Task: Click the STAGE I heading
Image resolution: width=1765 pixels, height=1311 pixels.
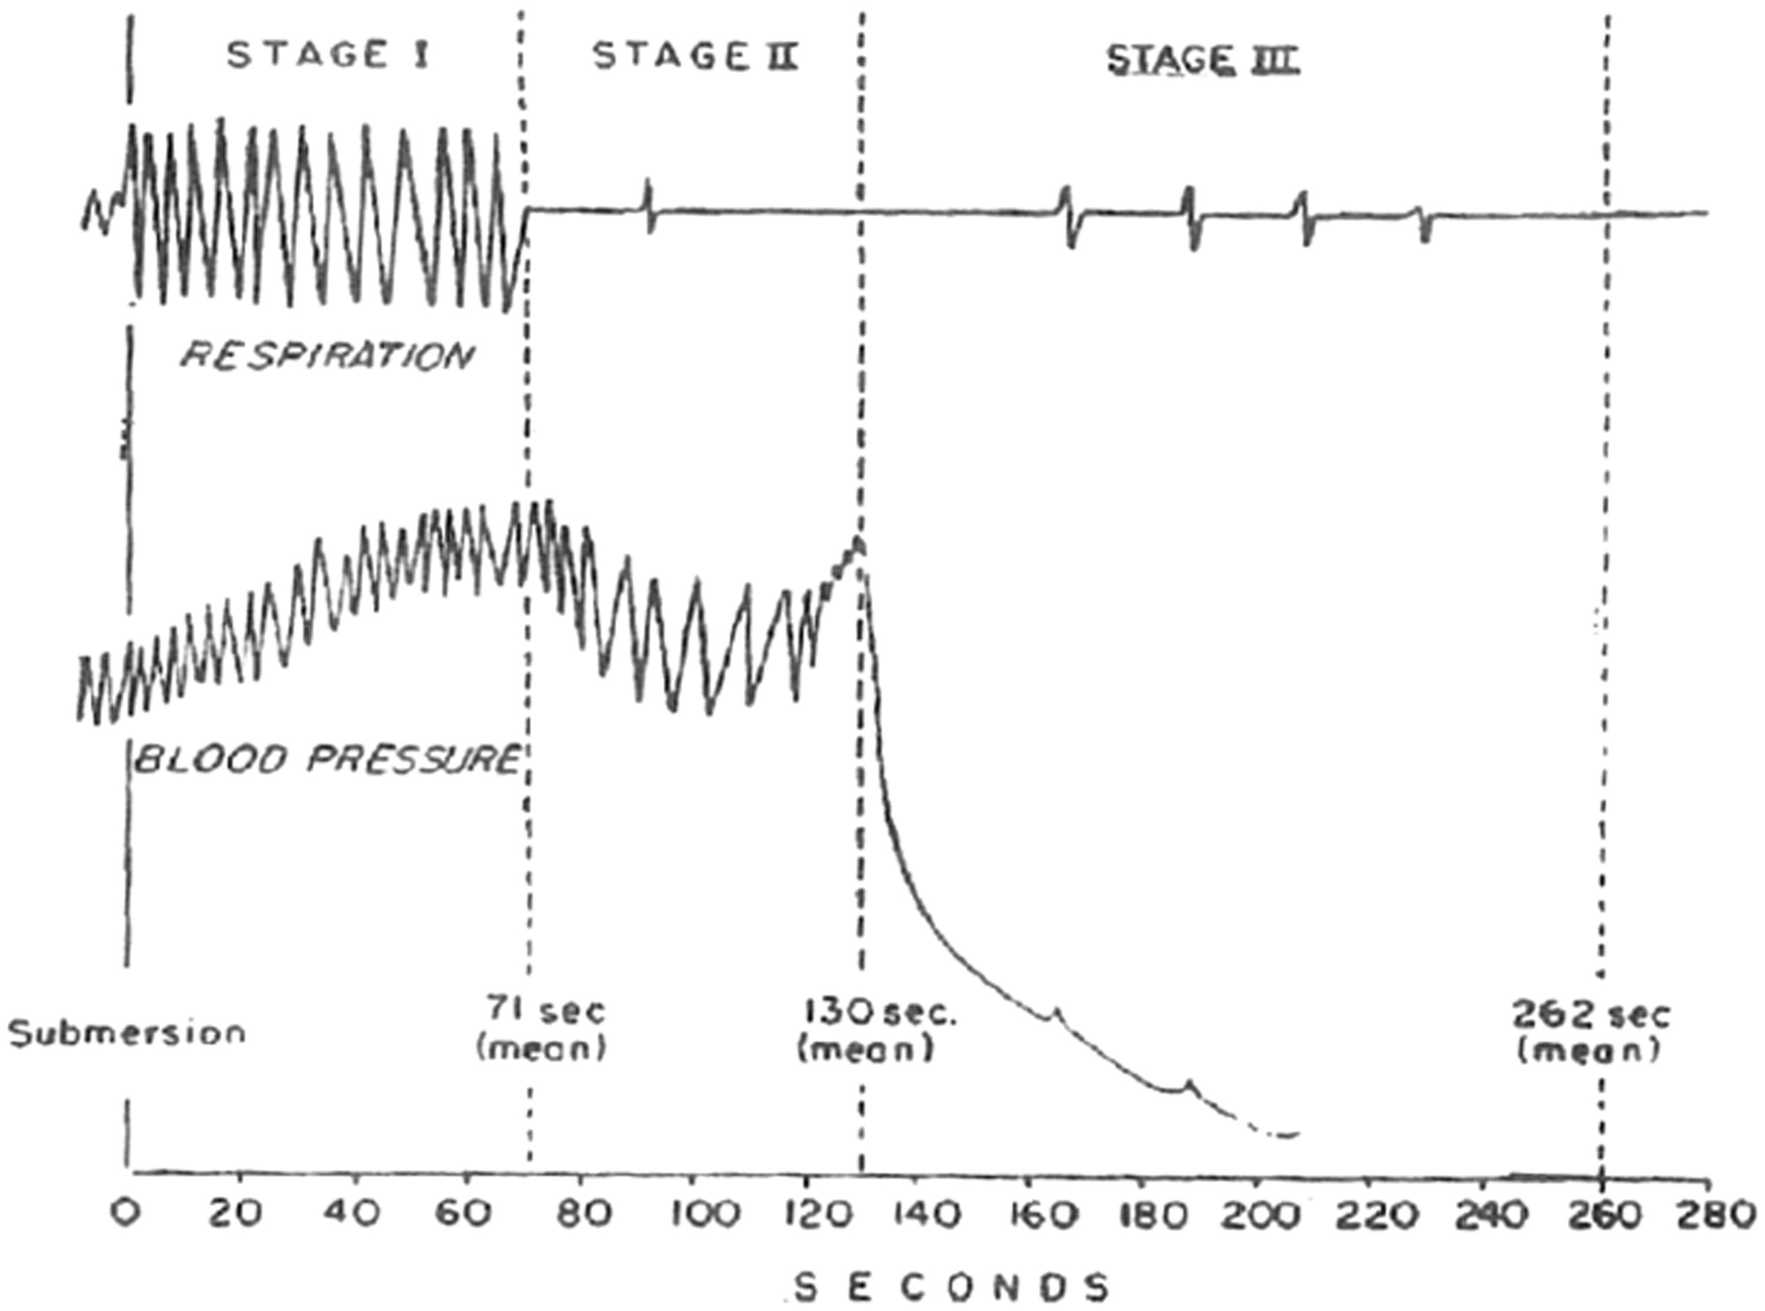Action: [x=328, y=56]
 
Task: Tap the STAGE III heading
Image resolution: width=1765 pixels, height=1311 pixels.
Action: [x=1202, y=60]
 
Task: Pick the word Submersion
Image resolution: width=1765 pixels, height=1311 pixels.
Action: [x=127, y=1032]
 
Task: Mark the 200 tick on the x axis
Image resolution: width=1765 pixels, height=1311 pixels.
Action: [x=1254, y=1215]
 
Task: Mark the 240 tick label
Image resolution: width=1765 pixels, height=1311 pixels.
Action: [x=1483, y=1215]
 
